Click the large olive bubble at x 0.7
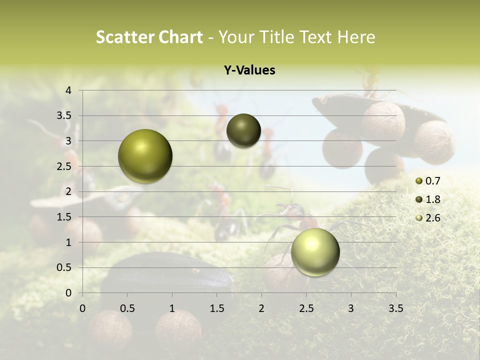pos(145,156)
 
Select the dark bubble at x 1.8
pos(243,131)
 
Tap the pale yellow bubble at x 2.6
pos(315,252)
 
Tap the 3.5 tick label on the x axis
pos(395,308)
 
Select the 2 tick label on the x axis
pos(261,308)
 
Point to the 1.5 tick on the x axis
pos(216,308)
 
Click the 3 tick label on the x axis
pos(351,308)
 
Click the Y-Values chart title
pos(249,70)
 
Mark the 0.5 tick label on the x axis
pos(127,308)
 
